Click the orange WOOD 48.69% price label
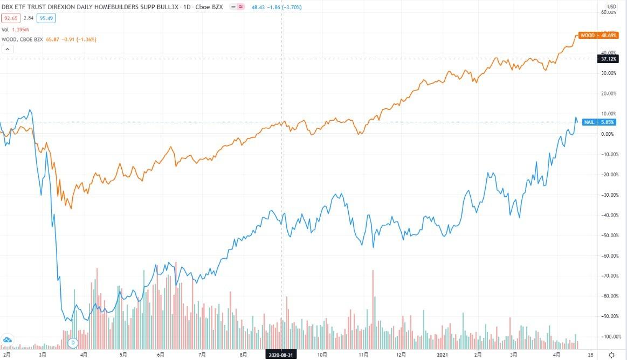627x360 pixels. (x=597, y=36)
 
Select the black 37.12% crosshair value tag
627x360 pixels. (x=608, y=59)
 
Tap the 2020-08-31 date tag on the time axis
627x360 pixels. (x=281, y=355)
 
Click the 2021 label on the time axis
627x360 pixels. (x=442, y=355)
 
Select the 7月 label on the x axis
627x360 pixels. (x=203, y=355)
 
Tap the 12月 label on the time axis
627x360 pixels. (x=401, y=355)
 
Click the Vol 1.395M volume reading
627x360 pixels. (x=16, y=29)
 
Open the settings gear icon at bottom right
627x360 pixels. (x=611, y=355)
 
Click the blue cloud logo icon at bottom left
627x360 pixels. (x=8, y=340)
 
